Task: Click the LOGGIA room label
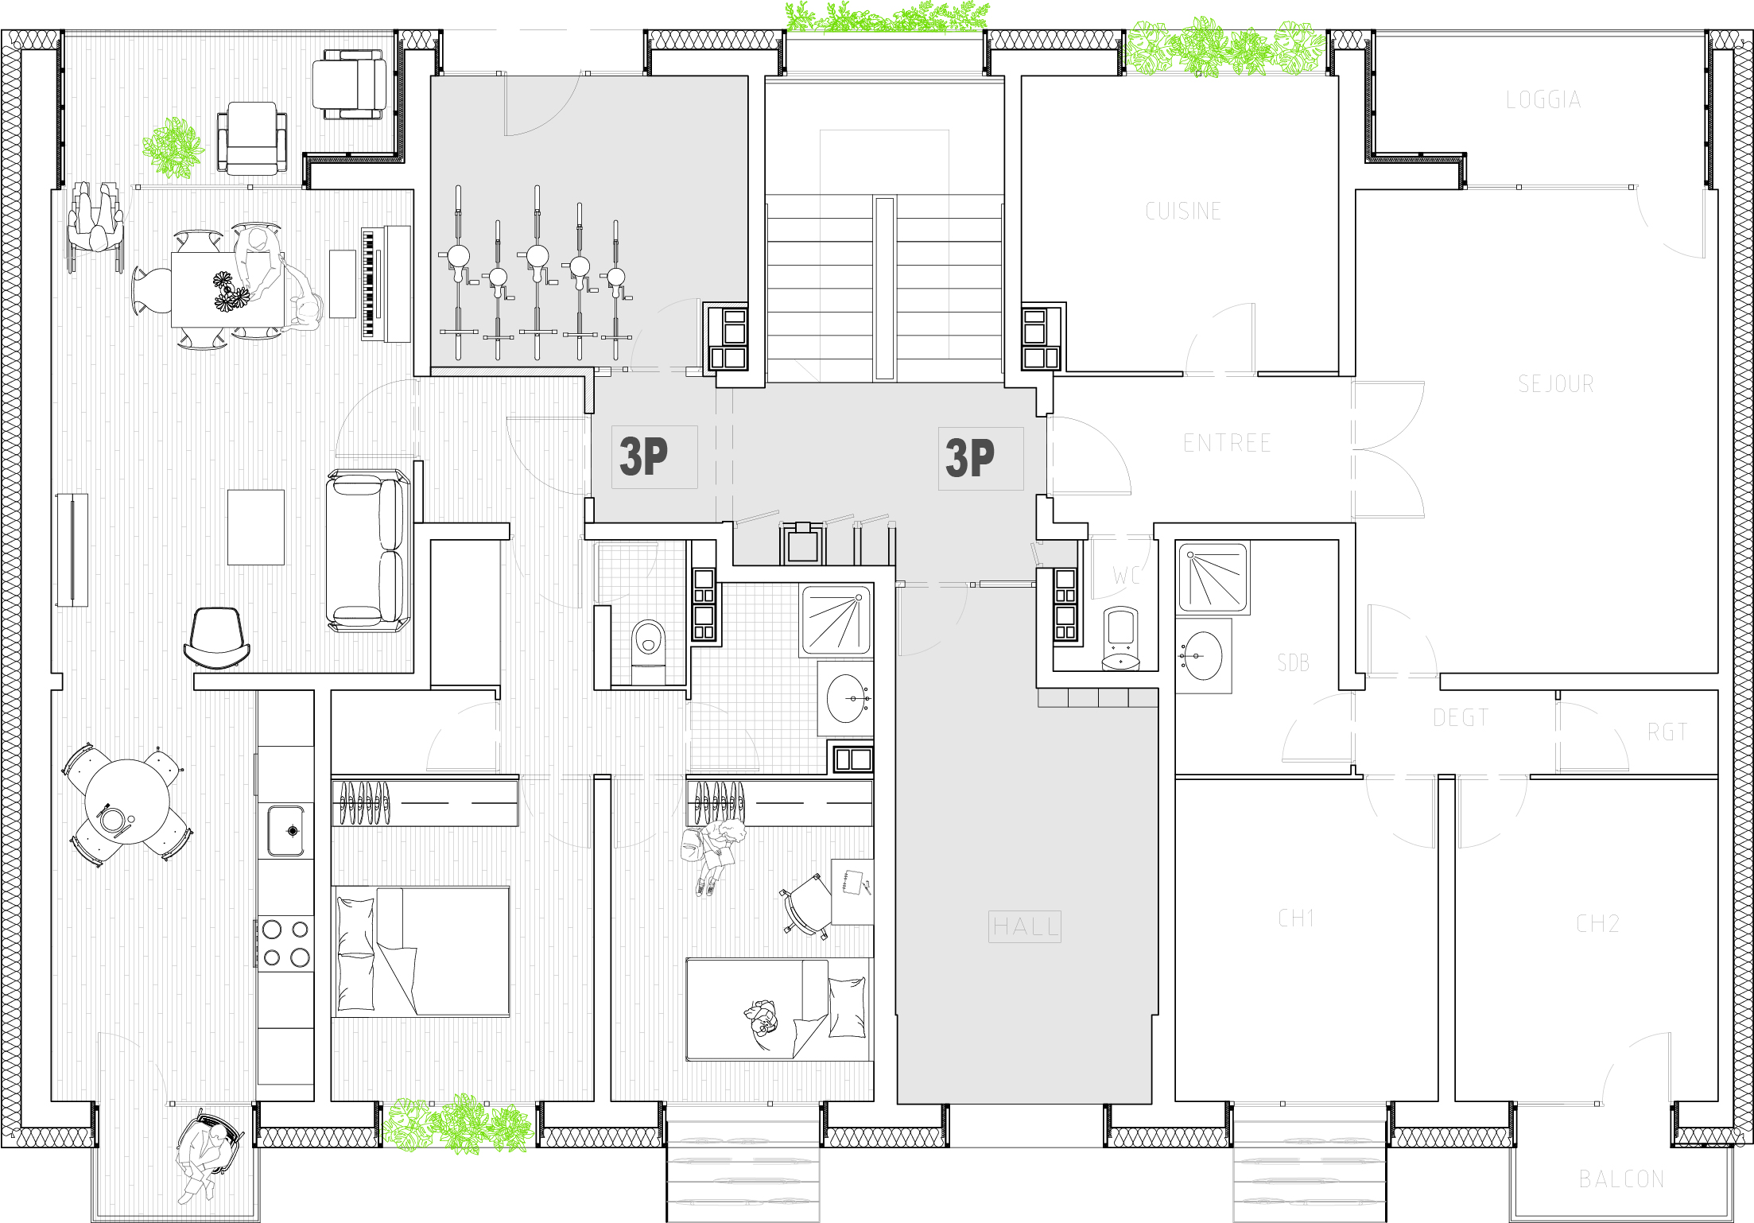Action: coord(1543,99)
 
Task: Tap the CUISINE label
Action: coord(1183,211)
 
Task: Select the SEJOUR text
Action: coord(1556,384)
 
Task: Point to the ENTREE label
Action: coord(1227,443)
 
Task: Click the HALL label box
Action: coord(1025,926)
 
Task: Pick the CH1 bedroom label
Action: coord(1295,918)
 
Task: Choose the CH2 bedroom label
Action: coord(1597,923)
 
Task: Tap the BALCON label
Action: coord(1621,1178)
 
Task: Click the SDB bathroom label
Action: coord(1293,662)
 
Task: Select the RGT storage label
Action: coord(1667,732)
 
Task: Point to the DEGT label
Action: coord(1461,717)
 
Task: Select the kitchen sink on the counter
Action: coord(286,830)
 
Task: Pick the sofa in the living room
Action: coord(368,550)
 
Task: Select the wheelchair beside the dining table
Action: coord(95,227)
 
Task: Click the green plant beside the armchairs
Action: coord(173,148)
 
